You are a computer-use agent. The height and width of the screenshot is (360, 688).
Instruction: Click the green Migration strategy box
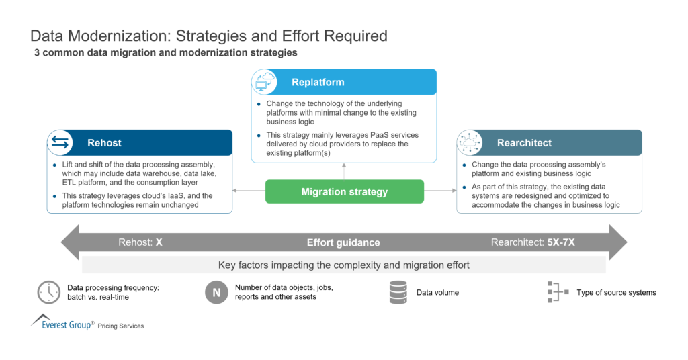[344, 191]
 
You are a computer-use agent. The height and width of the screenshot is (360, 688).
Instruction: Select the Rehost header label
[104, 143]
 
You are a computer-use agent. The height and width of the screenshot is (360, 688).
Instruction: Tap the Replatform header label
[318, 83]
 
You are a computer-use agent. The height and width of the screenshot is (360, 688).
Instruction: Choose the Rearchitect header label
[524, 143]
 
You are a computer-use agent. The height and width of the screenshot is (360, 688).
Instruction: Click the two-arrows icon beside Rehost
[60, 143]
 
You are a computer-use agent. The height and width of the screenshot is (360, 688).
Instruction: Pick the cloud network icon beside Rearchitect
[470, 143]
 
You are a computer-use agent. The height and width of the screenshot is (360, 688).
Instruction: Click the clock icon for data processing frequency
[49, 292]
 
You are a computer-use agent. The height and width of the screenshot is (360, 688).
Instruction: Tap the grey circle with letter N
[216, 292]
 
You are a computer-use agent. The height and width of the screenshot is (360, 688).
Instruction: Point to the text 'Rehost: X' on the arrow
[140, 242]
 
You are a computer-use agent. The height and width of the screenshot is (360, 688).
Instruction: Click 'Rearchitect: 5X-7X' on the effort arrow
[533, 242]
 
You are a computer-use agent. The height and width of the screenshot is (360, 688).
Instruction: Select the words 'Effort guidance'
[343, 242]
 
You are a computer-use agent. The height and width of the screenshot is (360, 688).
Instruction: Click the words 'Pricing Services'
[121, 326]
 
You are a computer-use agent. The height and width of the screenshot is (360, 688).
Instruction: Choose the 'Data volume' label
[437, 293]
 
